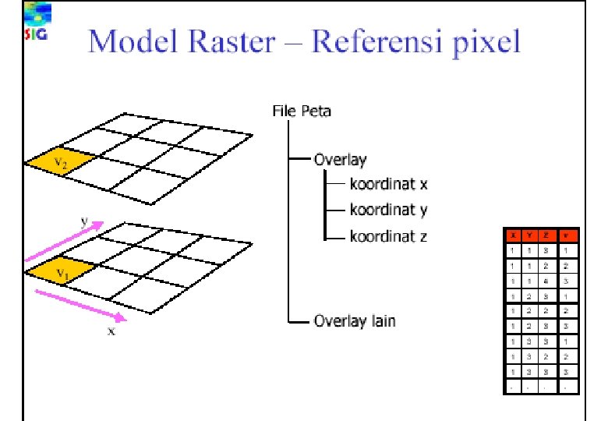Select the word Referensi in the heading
pyautogui.click(x=377, y=41)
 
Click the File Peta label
pyautogui.click(x=302, y=111)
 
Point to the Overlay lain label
pyautogui.click(x=354, y=320)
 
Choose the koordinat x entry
pyautogui.click(x=388, y=186)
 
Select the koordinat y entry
pyautogui.click(x=388, y=210)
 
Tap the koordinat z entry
pyautogui.click(x=388, y=235)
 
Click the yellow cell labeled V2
pyautogui.click(x=61, y=161)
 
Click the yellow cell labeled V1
pyautogui.click(x=61, y=271)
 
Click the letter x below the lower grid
pyautogui.click(x=111, y=331)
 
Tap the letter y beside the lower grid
pyautogui.click(x=83, y=221)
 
